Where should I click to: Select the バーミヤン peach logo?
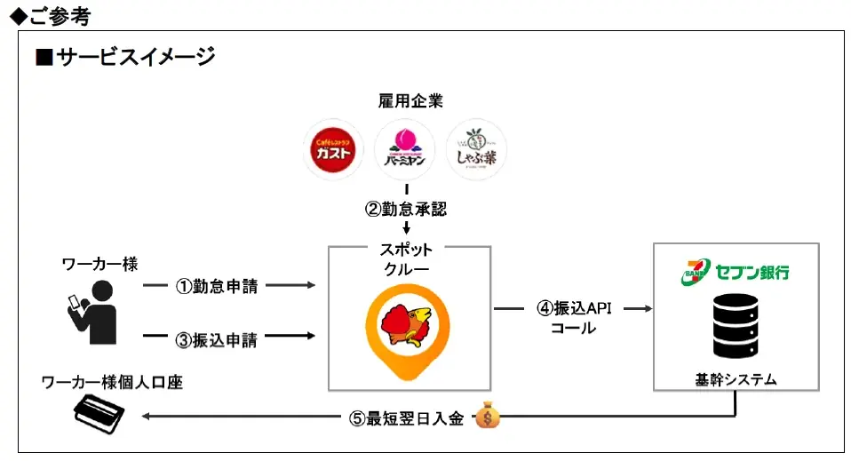405,149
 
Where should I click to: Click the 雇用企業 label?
405,101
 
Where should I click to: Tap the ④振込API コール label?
573,317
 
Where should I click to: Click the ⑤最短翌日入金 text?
406,418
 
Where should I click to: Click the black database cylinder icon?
736,326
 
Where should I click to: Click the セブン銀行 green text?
751,272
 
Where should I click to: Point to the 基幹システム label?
736,380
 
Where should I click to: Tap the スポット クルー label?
409,260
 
